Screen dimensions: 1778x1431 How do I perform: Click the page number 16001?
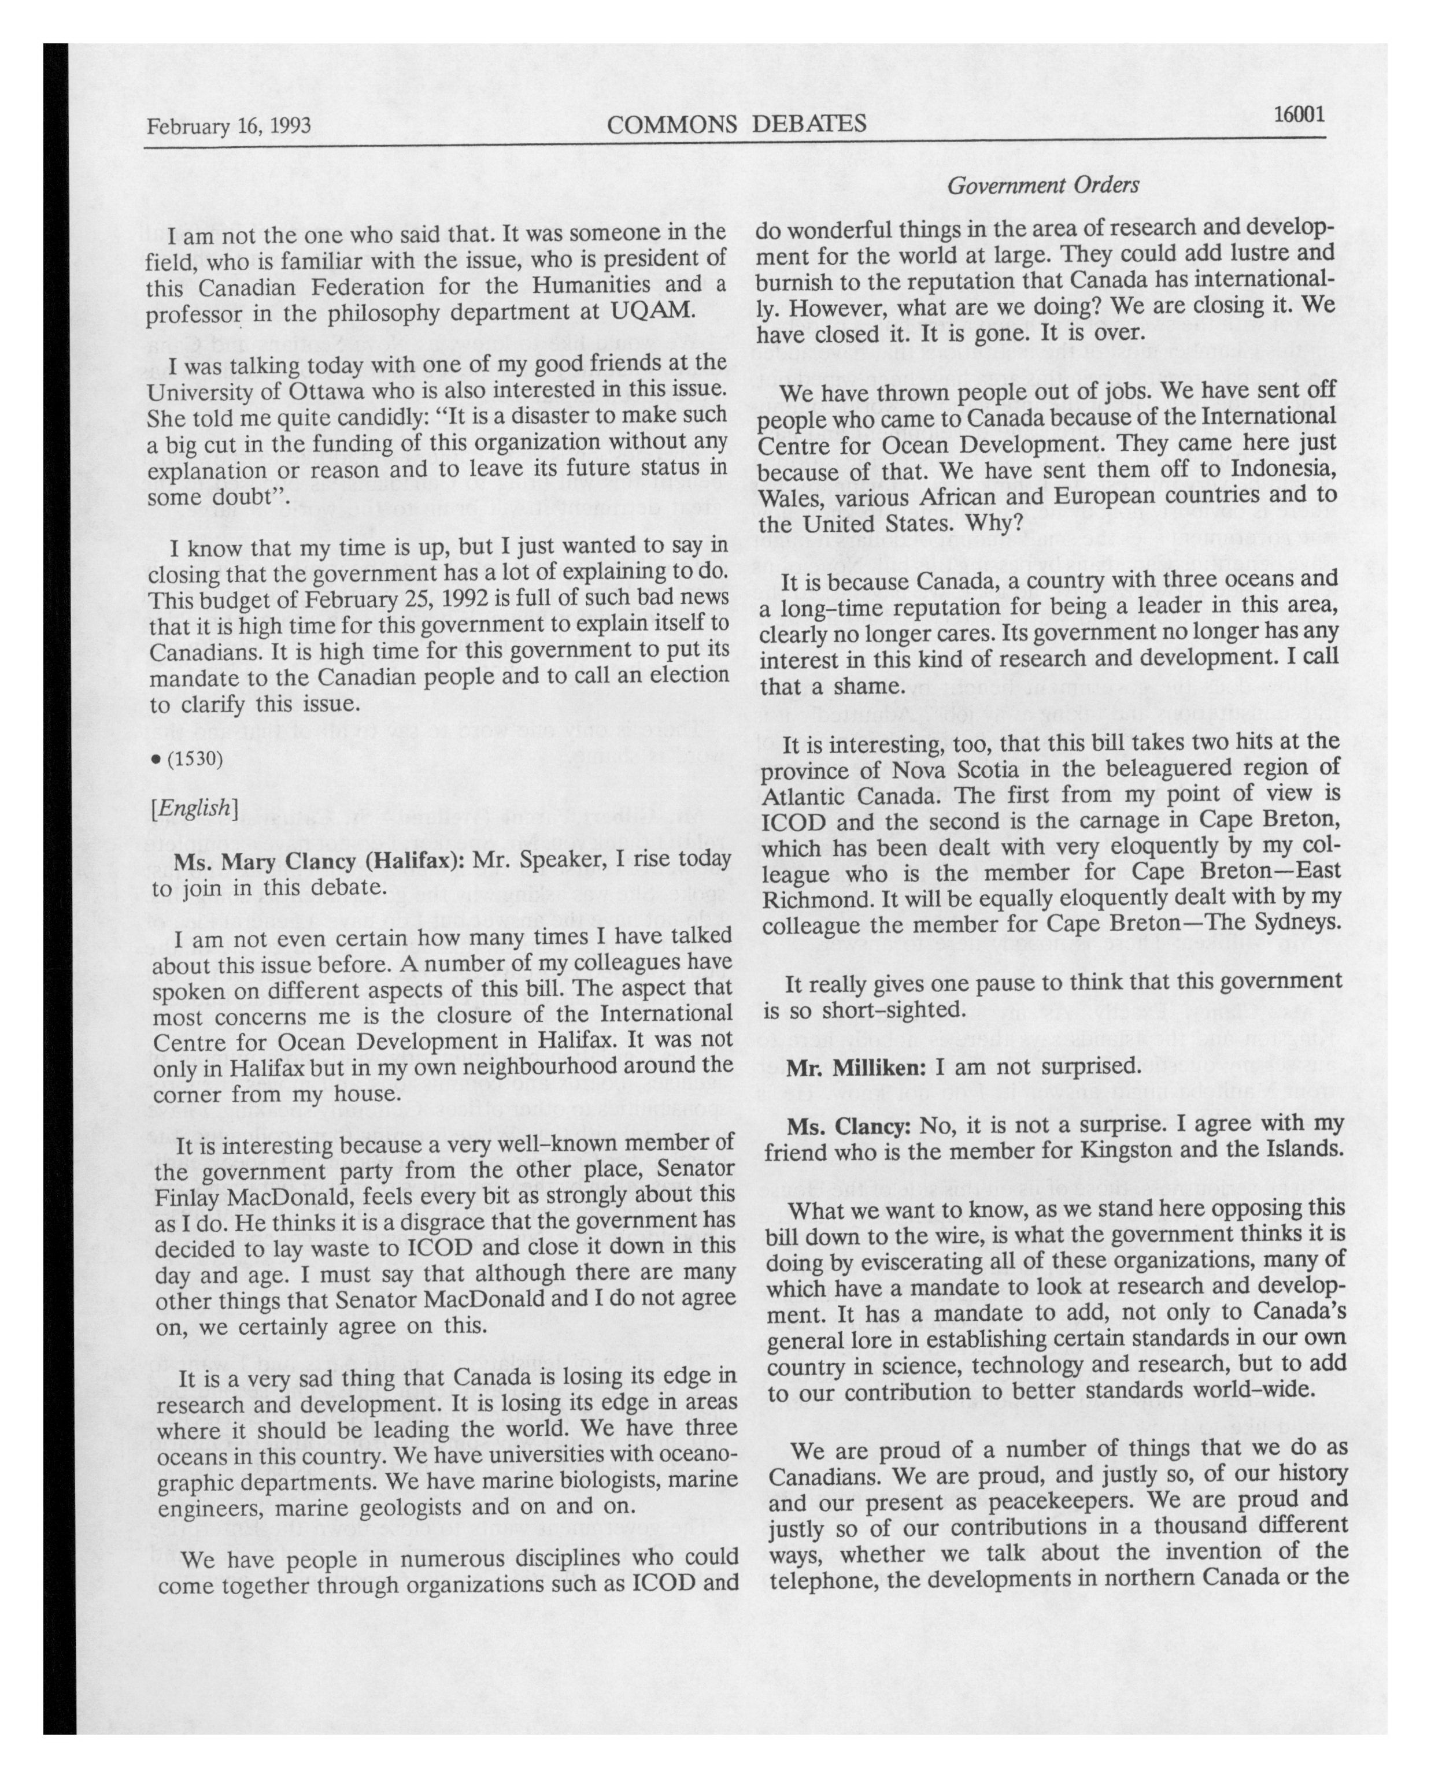(x=1298, y=114)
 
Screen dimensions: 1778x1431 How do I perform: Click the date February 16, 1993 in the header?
(x=228, y=125)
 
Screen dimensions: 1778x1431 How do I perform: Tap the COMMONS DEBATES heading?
(x=735, y=124)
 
